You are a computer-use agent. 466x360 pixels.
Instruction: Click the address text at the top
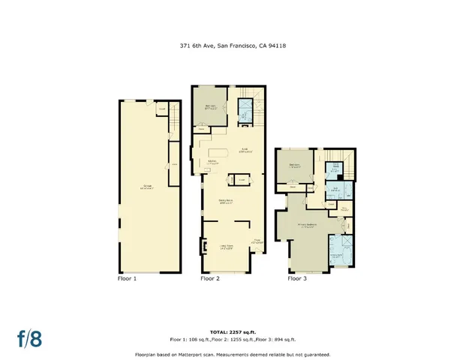click(233, 45)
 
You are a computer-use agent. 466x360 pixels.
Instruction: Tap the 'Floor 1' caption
click(127, 278)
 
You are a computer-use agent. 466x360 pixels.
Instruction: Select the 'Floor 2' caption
click(210, 278)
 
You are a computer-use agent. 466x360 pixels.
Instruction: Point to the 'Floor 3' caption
click(297, 278)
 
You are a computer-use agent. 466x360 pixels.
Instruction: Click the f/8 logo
click(29, 337)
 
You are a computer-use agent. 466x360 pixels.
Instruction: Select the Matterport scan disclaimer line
click(233, 354)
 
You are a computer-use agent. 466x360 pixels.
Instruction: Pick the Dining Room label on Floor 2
click(225, 200)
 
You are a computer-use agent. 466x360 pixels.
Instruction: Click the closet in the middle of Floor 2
click(241, 180)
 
